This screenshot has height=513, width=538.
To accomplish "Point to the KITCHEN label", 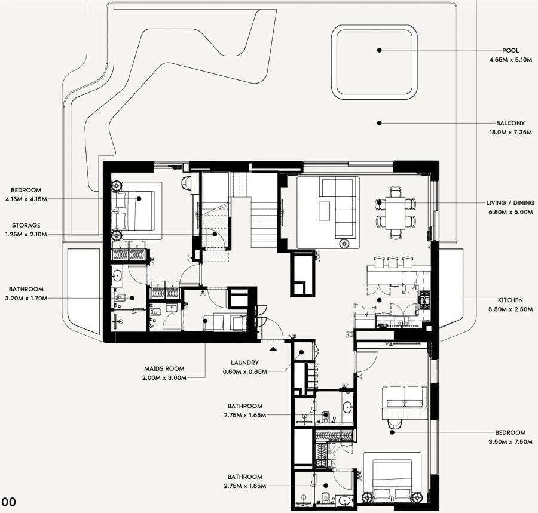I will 510,300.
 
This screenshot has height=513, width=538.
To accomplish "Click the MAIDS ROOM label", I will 164,368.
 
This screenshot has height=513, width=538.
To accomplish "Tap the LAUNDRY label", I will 244,363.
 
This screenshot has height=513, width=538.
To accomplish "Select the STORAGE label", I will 26,225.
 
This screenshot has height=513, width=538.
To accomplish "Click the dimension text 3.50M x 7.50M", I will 510,442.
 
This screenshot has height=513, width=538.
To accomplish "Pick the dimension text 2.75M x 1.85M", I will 244,486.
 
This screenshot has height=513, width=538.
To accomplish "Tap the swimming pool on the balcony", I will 374,62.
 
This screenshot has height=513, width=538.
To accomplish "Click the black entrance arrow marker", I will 274,349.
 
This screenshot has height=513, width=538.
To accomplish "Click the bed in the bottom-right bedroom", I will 393,475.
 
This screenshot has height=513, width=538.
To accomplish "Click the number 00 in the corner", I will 9,501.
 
